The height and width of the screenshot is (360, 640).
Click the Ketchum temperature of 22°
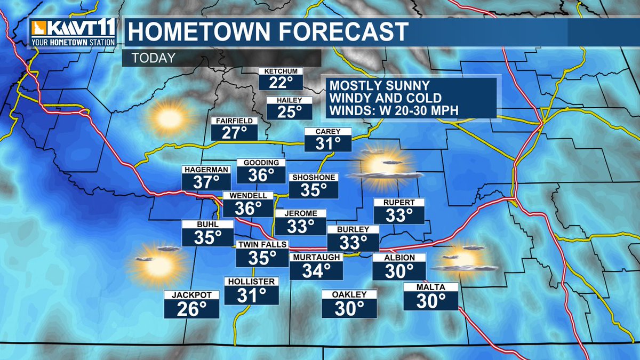click(281, 83)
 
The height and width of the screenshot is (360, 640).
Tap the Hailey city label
click(289, 100)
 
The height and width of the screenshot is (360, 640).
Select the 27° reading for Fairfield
click(235, 132)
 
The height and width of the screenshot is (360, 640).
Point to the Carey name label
click(327, 132)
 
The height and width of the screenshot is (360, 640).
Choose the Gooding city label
click(261, 163)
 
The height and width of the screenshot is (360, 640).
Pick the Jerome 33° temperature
click(300, 226)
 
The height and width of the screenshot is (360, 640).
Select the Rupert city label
click(399, 202)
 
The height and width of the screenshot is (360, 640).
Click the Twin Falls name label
click(262, 245)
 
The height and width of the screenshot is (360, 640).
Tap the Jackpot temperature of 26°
click(192, 308)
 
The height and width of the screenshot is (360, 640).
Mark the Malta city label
click(431, 287)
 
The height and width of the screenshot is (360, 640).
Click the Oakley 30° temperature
click(349, 308)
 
